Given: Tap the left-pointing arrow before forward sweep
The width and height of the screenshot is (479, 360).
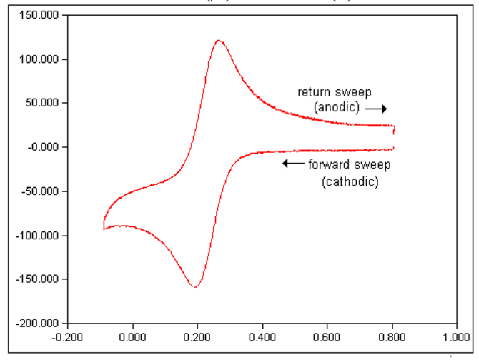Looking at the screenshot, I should (x=292, y=164).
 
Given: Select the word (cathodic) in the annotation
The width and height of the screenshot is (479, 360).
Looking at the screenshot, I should (x=350, y=181).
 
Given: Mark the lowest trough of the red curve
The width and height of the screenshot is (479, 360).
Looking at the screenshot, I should (x=194, y=287).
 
